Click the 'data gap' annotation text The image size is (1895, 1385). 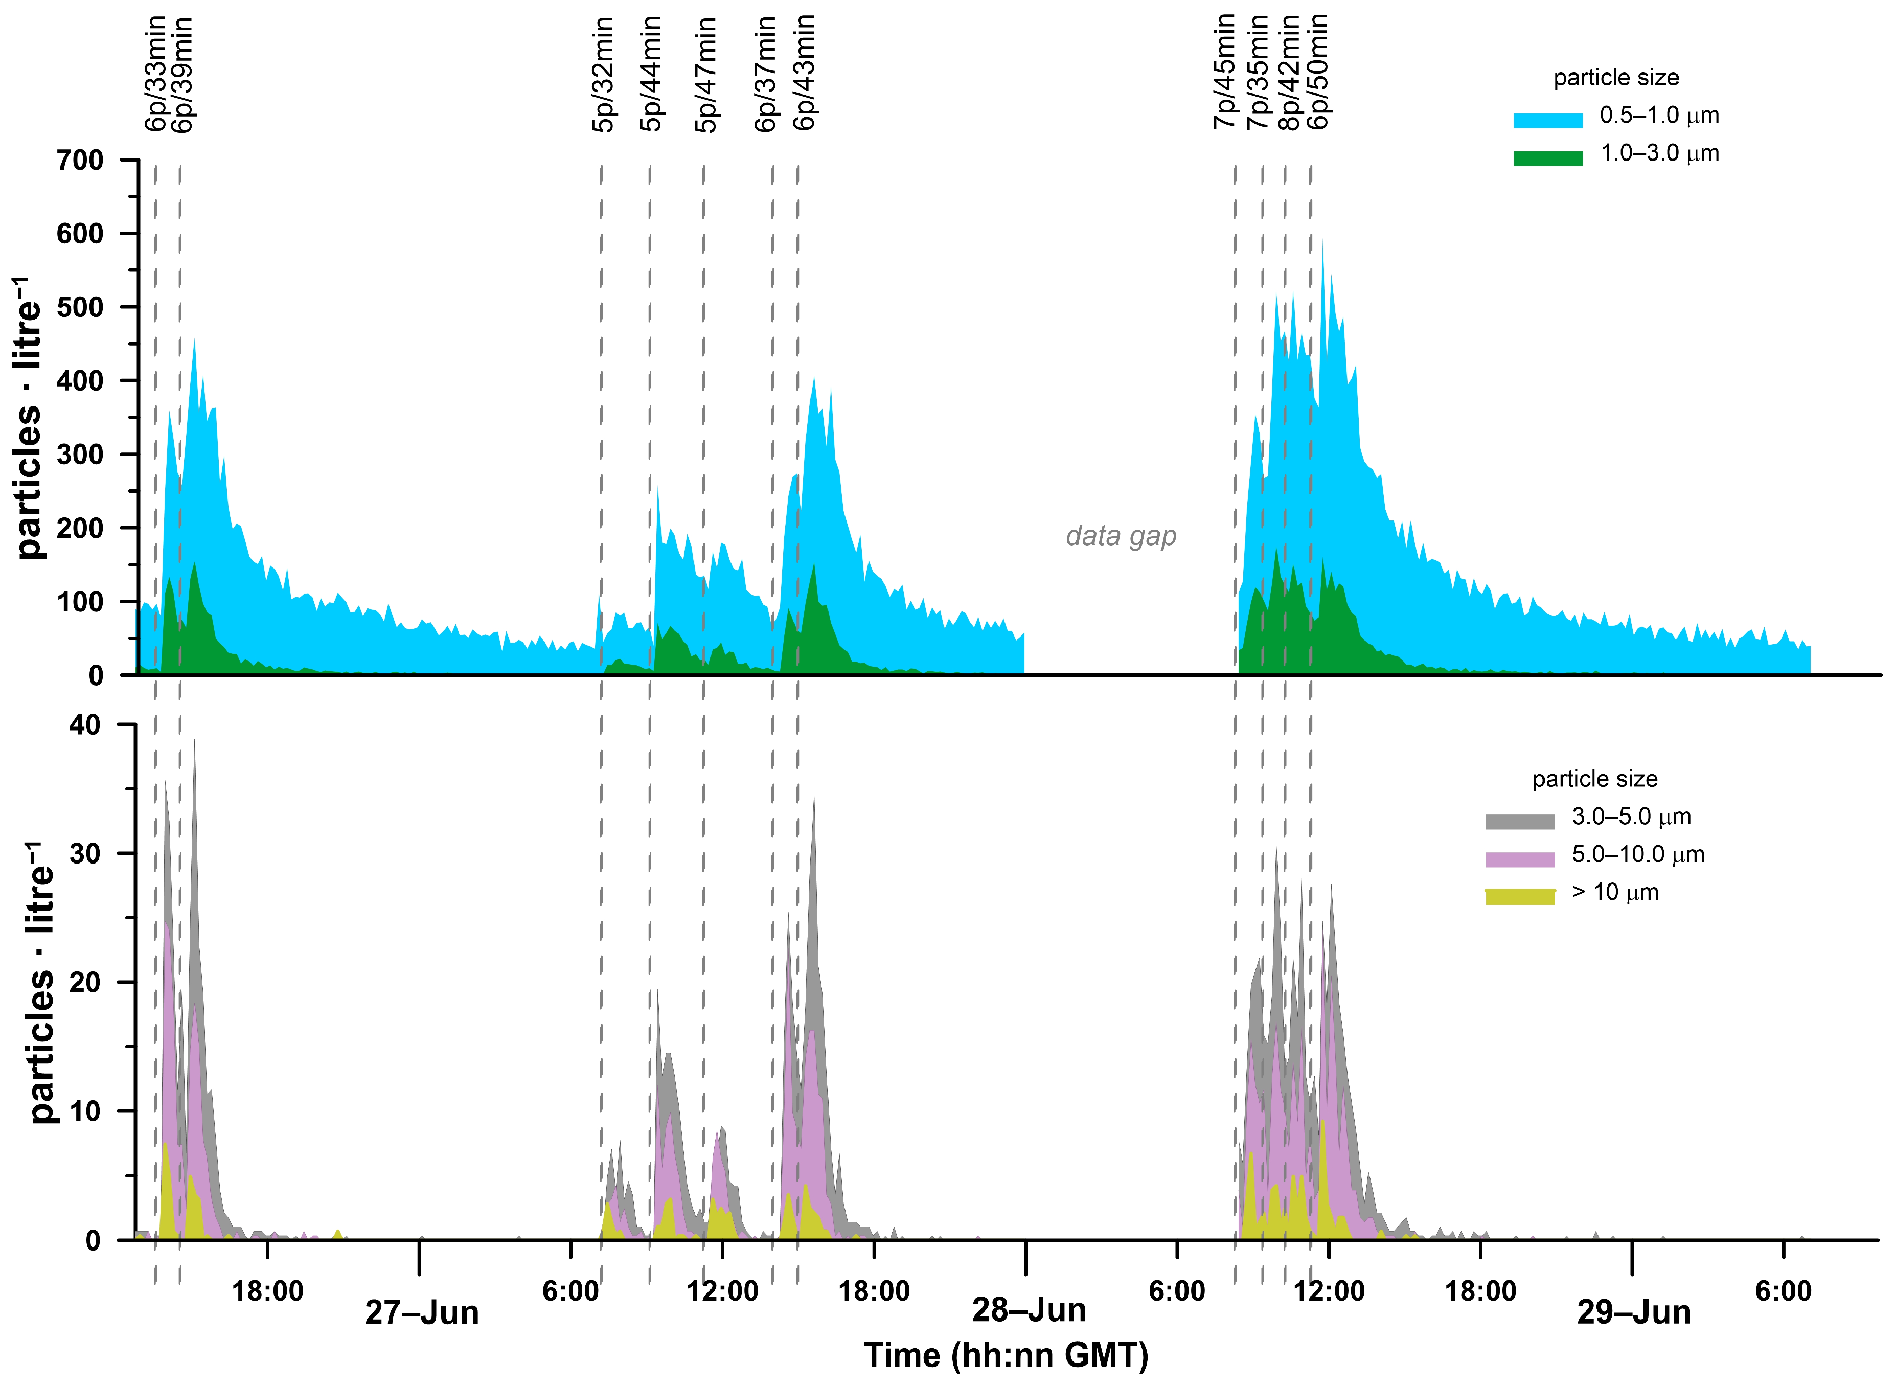tap(1121, 536)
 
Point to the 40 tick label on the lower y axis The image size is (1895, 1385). tap(85, 725)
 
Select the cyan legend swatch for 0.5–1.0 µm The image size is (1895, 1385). tap(1547, 120)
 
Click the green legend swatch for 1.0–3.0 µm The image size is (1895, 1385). tap(1547, 157)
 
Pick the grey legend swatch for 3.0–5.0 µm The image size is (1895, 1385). tap(1519, 822)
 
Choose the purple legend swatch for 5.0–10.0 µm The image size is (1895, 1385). tap(1519, 859)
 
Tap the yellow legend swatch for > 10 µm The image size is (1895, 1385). tap(1519, 897)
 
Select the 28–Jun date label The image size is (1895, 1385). tap(1029, 1310)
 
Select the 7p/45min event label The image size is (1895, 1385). tap(1224, 71)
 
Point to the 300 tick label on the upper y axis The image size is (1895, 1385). tap(80, 455)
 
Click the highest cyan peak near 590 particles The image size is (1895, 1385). tap(1322, 241)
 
